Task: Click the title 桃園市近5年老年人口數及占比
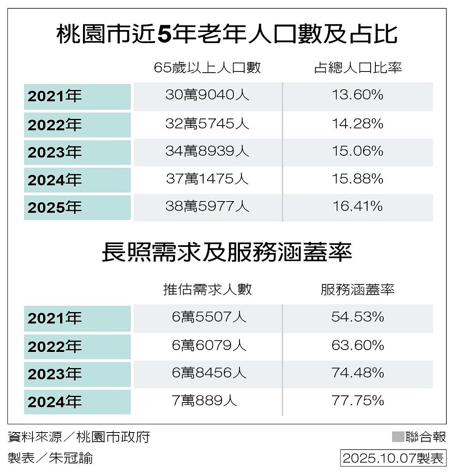(227, 34)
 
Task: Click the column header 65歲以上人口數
(207, 68)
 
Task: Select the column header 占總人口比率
(358, 68)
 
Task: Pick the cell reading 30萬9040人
(207, 95)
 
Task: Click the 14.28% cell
(358, 124)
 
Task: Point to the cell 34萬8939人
(207, 151)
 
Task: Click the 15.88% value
(358, 179)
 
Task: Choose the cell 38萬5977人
(207, 206)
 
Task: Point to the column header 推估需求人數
(207, 290)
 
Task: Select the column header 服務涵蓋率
(358, 290)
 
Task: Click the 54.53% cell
(358, 317)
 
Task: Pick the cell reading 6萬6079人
(209, 346)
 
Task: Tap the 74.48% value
(358, 372)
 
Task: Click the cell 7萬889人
(205, 401)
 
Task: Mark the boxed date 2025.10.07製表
(393, 458)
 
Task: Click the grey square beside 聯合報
(397, 436)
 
